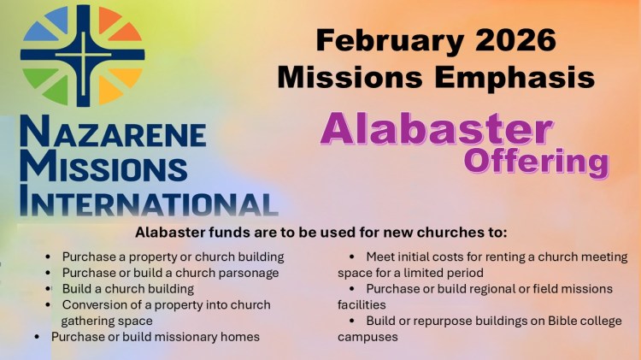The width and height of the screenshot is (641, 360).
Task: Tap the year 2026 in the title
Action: click(x=514, y=39)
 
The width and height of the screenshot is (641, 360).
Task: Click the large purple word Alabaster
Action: click(x=435, y=130)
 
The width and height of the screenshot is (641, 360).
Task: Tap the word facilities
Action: click(x=362, y=305)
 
